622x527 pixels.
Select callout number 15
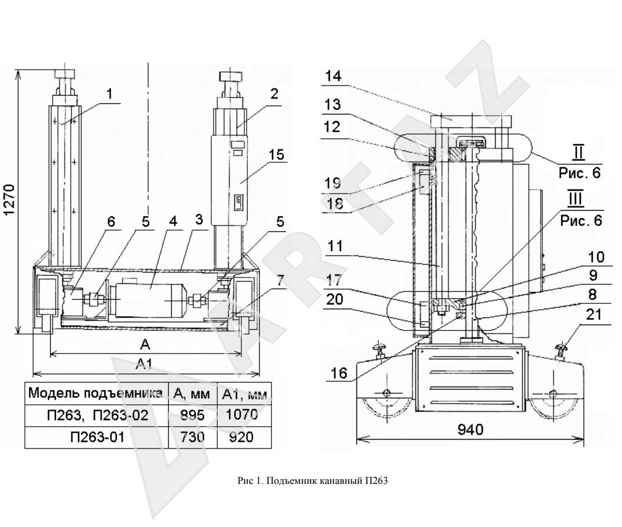point(276,155)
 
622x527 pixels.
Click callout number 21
point(594,316)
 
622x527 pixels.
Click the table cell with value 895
point(191,415)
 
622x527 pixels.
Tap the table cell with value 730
point(191,438)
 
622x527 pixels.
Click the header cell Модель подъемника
point(96,393)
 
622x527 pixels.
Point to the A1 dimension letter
point(144,364)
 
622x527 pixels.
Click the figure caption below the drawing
point(312,481)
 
